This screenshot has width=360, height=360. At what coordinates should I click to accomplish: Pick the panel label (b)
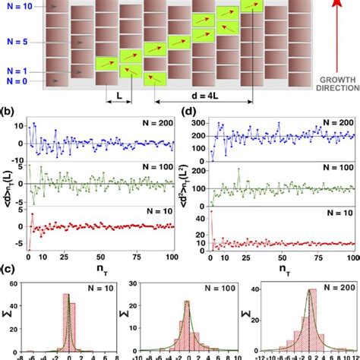(9, 112)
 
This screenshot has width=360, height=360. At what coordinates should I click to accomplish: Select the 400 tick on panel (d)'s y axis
(199, 119)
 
